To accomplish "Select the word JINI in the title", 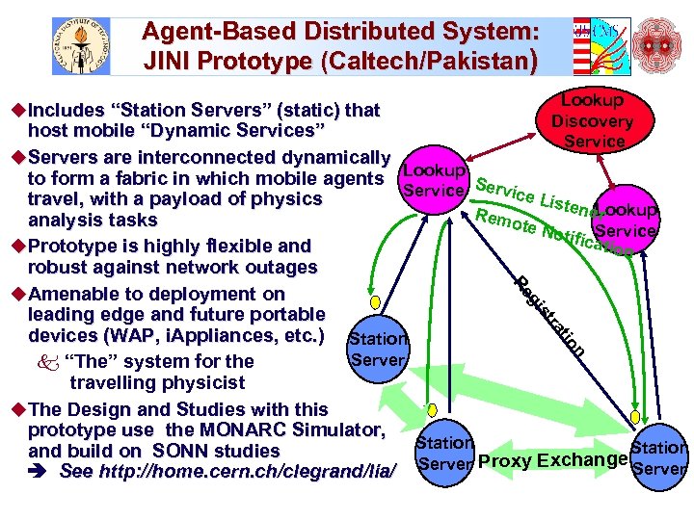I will coord(169,62).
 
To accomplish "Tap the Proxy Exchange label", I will coord(552,459).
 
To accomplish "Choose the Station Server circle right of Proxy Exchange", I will coord(660,457).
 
